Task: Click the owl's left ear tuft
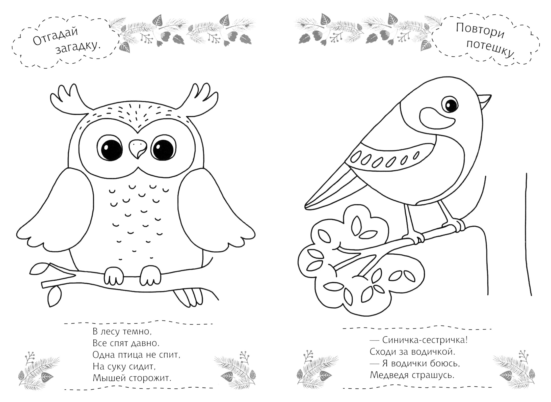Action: pos(70,101)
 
